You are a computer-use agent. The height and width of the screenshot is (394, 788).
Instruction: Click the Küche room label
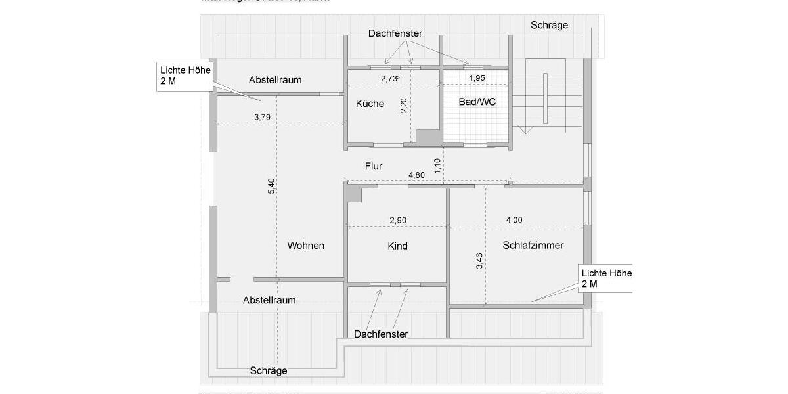(x=370, y=104)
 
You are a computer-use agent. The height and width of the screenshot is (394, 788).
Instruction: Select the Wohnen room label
(x=306, y=246)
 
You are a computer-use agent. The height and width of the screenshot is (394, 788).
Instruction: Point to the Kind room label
(x=398, y=246)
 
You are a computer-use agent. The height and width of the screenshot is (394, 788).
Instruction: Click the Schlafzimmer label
(x=533, y=246)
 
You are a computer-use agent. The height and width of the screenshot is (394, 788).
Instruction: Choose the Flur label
(x=374, y=167)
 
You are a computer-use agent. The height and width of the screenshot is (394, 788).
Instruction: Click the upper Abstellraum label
(x=275, y=80)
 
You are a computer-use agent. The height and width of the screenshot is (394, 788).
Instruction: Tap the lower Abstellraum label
(x=269, y=300)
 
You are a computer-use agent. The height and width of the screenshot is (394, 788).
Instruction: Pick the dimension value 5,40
(x=271, y=186)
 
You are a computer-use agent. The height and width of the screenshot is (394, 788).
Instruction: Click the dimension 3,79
(x=262, y=118)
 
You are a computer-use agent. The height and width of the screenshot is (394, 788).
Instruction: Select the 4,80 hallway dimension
(x=417, y=175)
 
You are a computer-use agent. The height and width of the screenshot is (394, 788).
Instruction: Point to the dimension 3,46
(x=480, y=261)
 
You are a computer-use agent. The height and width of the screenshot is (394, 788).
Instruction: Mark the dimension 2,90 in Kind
(x=398, y=220)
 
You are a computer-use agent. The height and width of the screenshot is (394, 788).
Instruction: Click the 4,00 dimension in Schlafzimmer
(x=514, y=220)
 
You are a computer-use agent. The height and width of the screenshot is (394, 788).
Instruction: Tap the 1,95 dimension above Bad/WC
(x=476, y=78)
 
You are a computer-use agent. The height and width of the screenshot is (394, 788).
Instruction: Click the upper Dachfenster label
(x=395, y=33)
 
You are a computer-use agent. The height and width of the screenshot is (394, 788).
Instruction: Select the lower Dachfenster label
(x=381, y=334)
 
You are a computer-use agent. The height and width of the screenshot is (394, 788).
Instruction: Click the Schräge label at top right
(x=550, y=26)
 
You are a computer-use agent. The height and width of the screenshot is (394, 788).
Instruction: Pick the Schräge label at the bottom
(x=269, y=370)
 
